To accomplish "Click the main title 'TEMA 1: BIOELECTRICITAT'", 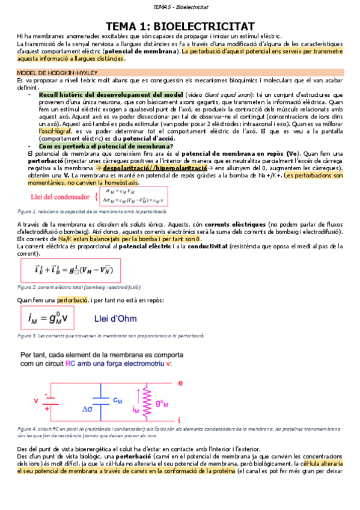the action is tap(180, 26).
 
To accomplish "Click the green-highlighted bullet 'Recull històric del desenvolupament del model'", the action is tap(111, 95).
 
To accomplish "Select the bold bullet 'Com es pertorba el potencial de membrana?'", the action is tap(105, 146).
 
